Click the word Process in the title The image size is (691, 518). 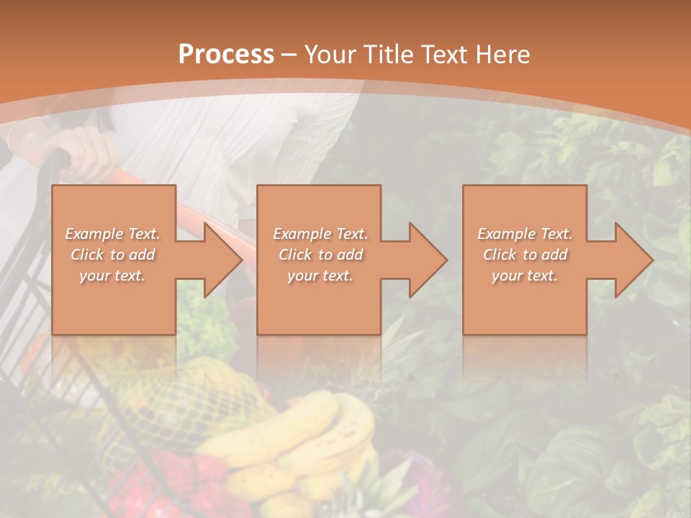point(226,55)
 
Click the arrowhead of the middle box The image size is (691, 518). point(427,260)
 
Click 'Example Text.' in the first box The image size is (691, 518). point(113,234)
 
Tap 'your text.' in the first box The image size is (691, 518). point(113,276)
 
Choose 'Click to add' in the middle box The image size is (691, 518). point(320,255)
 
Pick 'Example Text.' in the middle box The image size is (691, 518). point(320,234)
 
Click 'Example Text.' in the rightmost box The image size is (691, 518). point(525,234)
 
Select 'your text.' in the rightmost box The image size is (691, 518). point(525,276)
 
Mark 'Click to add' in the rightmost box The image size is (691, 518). point(525,255)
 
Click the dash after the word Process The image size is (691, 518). point(289,55)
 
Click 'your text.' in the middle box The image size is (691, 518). point(320,276)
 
